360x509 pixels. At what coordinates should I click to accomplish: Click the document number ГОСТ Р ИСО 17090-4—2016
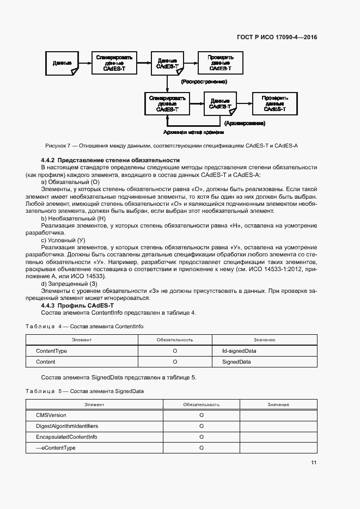coord(277,38)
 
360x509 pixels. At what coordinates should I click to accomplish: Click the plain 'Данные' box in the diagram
coord(62,63)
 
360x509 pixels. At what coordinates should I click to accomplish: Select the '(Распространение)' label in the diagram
coord(203,82)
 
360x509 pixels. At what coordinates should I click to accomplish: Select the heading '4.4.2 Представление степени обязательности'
coord(110,160)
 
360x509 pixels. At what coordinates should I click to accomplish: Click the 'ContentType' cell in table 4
coord(51,351)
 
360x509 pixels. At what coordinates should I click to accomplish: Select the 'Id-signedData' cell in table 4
coord(235,351)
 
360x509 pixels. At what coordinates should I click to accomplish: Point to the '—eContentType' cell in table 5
coord(56,447)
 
